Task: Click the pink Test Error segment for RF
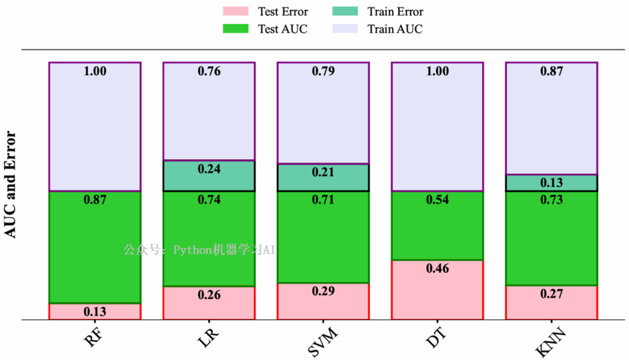[x=95, y=312]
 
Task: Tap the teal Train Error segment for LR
[x=209, y=176]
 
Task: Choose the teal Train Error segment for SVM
[x=323, y=178]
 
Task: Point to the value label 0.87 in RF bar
[x=95, y=200]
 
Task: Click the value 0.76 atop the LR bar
[x=209, y=72]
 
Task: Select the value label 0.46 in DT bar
[x=437, y=269]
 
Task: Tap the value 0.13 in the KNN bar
[x=552, y=183]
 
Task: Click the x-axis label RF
[x=94, y=337]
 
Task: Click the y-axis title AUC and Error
[x=10, y=185]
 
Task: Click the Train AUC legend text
[x=395, y=29]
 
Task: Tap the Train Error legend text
[x=395, y=12]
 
